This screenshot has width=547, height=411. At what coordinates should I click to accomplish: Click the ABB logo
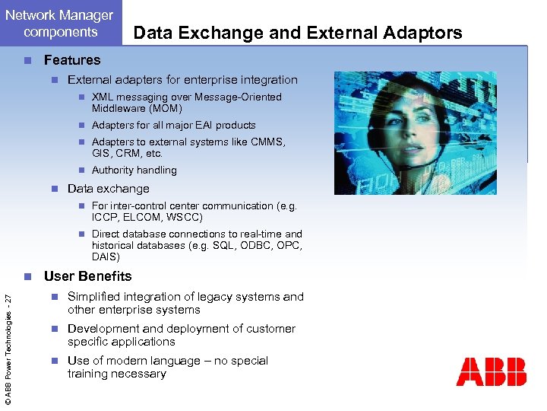(x=491, y=371)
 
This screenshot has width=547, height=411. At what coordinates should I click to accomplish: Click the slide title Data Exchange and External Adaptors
(x=297, y=33)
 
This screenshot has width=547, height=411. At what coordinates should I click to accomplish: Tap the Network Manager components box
(x=59, y=24)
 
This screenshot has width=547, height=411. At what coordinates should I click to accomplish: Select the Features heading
(x=72, y=60)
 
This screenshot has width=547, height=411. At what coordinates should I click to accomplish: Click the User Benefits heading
(x=87, y=276)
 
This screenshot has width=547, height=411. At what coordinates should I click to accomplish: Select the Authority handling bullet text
(x=134, y=170)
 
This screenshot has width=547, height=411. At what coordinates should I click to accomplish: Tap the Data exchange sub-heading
(x=108, y=189)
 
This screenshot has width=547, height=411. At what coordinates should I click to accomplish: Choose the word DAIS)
(x=106, y=256)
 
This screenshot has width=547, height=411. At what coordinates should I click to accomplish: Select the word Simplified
(x=95, y=297)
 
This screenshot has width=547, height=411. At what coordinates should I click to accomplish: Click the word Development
(x=104, y=329)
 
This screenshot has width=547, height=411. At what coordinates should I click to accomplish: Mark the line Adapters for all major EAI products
(x=173, y=126)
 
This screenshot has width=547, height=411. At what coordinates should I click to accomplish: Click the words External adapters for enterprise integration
(x=182, y=80)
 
